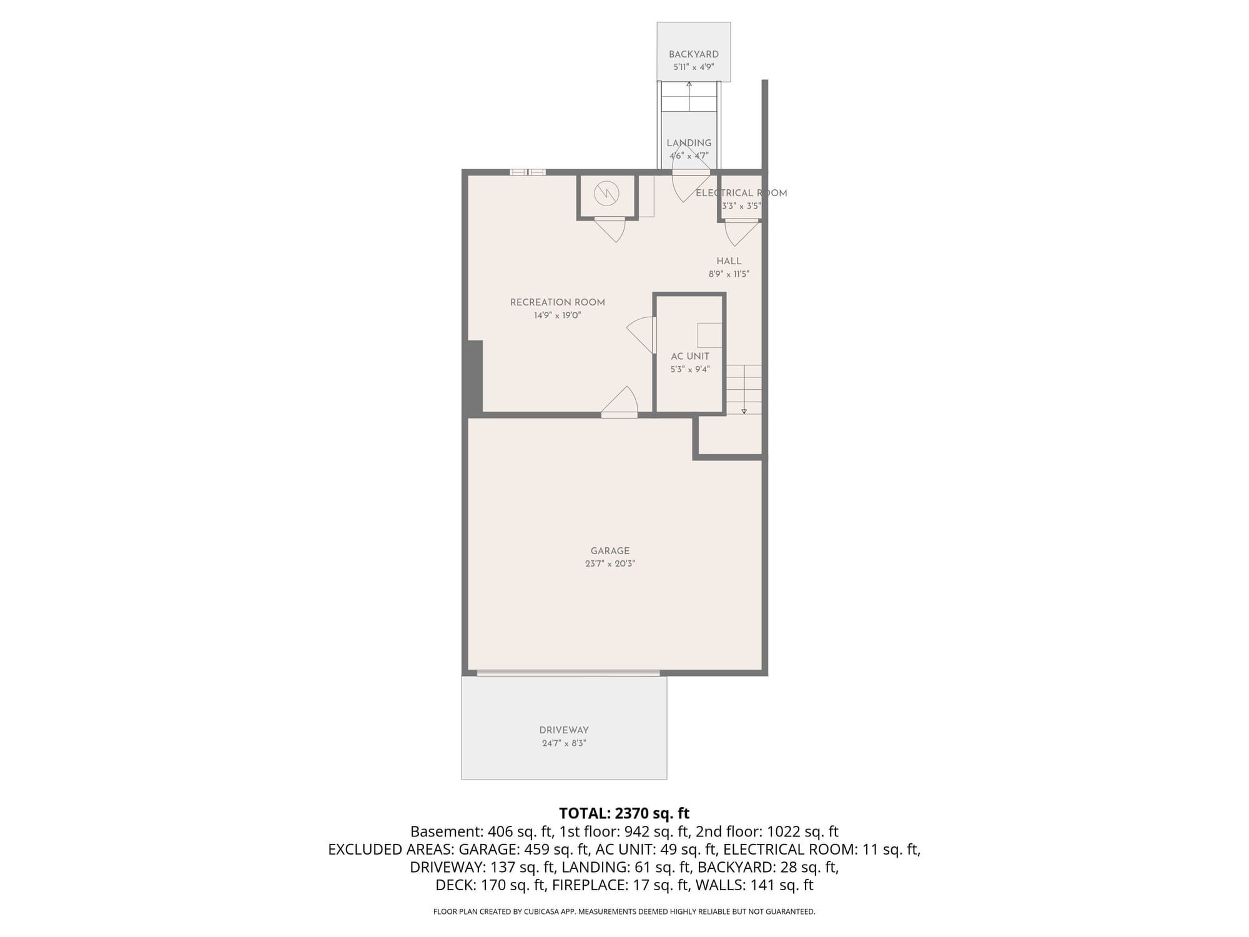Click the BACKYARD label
coord(693,54)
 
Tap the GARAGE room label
coord(610,551)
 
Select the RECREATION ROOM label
coord(558,302)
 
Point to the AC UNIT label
coord(690,357)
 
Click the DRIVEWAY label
coord(564,730)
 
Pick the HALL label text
coord(729,261)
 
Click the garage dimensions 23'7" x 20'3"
coord(610,563)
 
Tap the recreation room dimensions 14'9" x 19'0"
coord(558,315)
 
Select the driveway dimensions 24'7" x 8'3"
coord(564,743)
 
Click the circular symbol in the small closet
coord(606,193)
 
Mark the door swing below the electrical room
coord(741,232)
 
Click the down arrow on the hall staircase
coord(744,400)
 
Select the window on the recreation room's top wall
coord(528,172)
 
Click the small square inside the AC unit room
coord(709,335)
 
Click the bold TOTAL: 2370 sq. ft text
coord(624,813)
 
